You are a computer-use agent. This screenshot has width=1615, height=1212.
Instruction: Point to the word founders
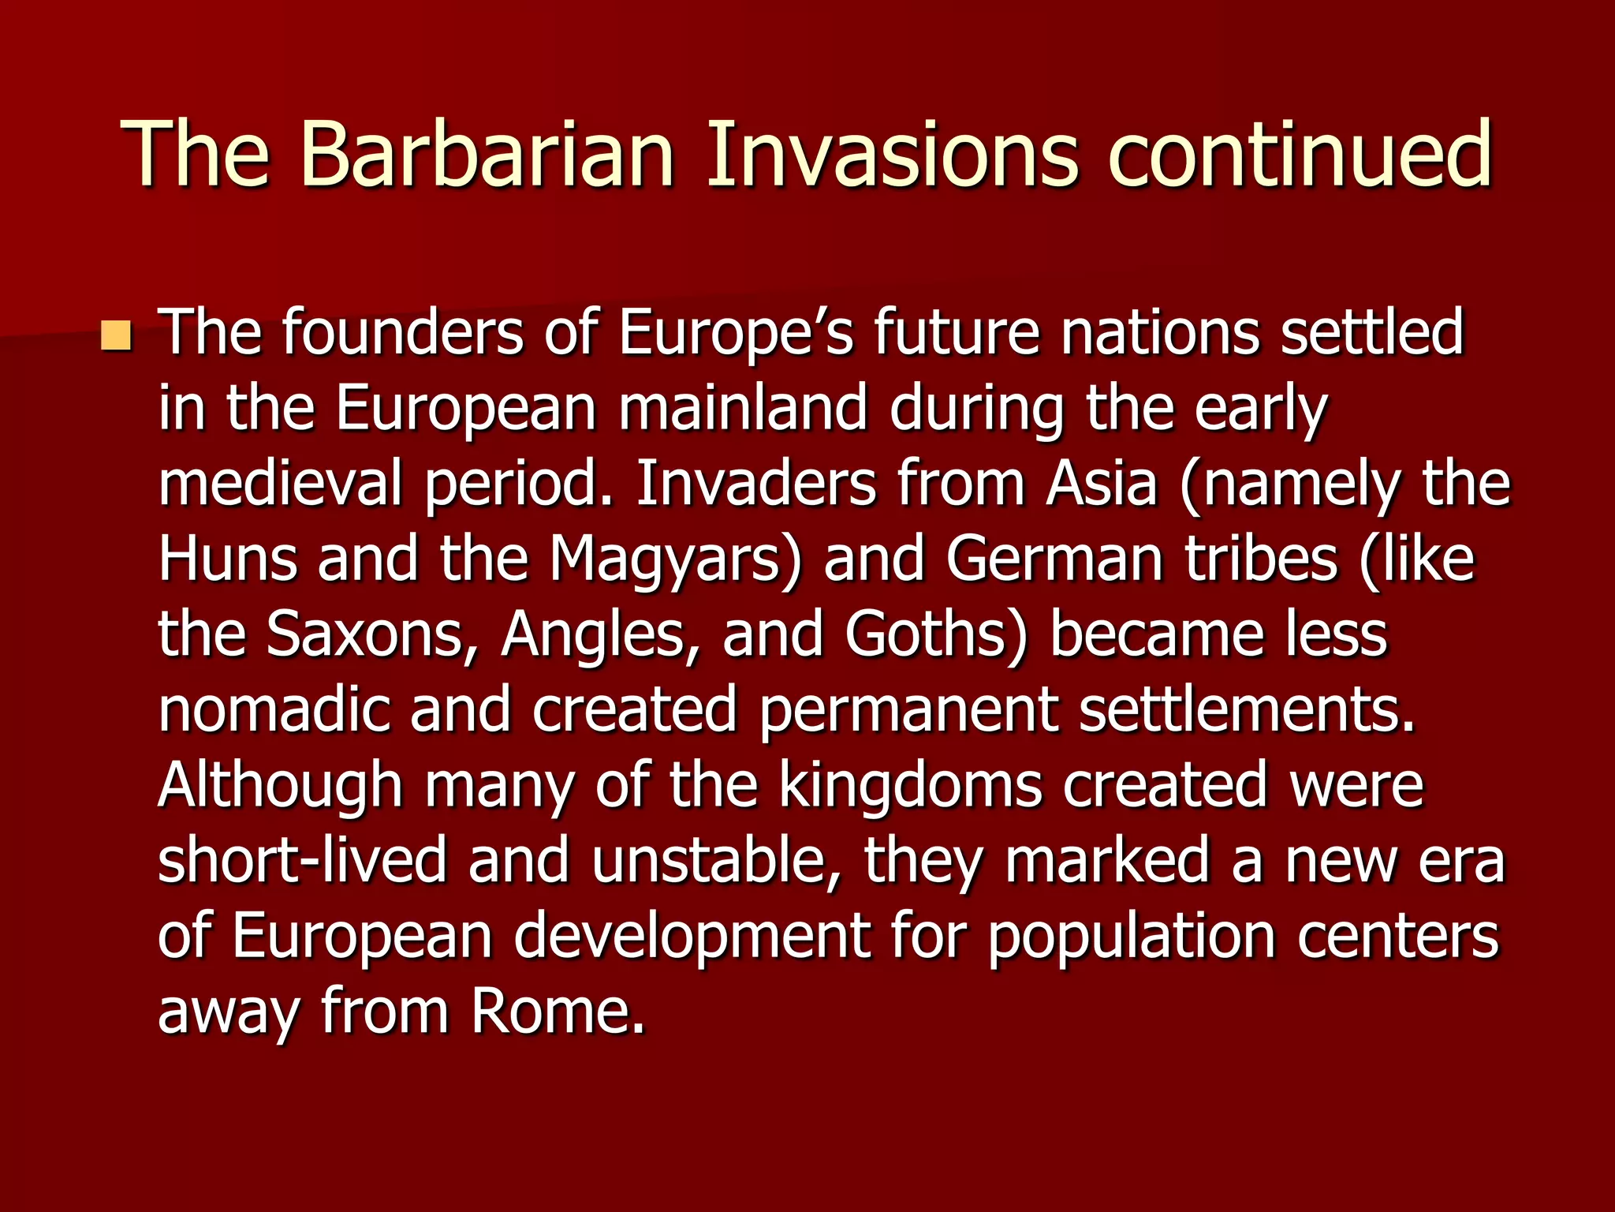[x=402, y=333]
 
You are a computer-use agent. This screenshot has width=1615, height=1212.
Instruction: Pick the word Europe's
[x=735, y=333]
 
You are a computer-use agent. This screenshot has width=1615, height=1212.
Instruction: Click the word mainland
[x=743, y=409]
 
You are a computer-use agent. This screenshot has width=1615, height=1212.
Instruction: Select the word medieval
[x=281, y=484]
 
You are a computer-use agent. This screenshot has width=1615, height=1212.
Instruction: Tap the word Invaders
[x=755, y=484]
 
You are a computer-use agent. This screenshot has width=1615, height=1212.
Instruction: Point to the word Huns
[x=228, y=559]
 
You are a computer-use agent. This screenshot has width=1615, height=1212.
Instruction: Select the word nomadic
[x=274, y=709]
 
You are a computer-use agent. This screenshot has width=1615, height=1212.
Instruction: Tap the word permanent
[x=907, y=709]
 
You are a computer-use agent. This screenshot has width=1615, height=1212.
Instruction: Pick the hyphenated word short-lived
[x=302, y=860]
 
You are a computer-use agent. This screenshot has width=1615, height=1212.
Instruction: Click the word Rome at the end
[x=558, y=1011]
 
